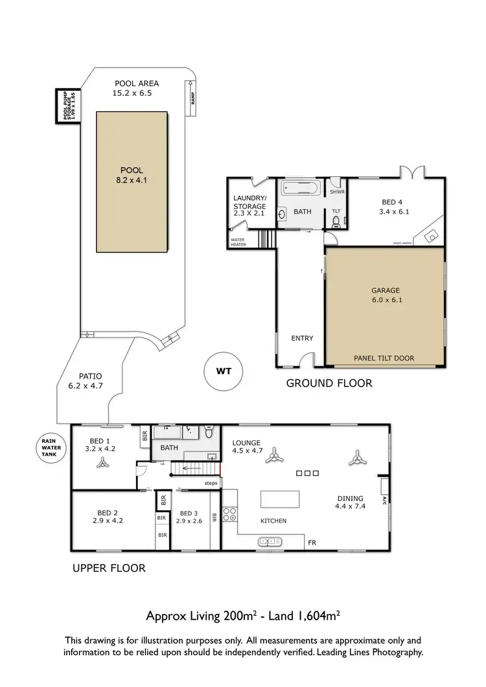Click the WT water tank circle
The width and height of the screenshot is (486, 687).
(220, 372)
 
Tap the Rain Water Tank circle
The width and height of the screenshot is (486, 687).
(49, 446)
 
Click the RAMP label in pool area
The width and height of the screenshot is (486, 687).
(192, 98)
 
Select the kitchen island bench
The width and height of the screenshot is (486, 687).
(280, 500)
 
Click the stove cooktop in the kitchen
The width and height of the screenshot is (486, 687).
(230, 515)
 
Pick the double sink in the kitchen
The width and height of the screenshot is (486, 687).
(271, 541)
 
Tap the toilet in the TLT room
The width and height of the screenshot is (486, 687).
(336, 223)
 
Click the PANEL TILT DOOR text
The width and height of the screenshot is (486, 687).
(384, 358)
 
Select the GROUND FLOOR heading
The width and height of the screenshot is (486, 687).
(329, 383)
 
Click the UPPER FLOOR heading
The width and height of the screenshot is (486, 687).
(109, 569)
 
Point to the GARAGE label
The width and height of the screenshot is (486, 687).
(386, 291)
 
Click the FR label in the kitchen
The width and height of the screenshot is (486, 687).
(312, 542)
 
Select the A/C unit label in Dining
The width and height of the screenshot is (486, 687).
(384, 499)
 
